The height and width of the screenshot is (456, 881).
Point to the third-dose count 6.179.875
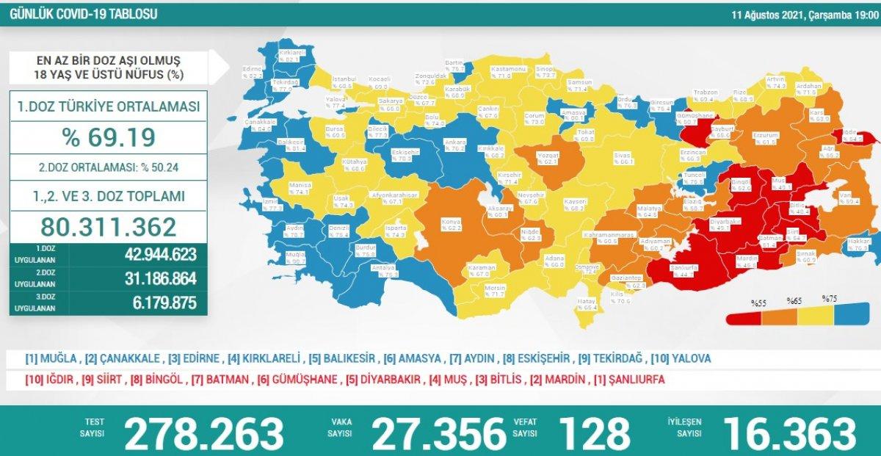pyautogui.click(x=159, y=303)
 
